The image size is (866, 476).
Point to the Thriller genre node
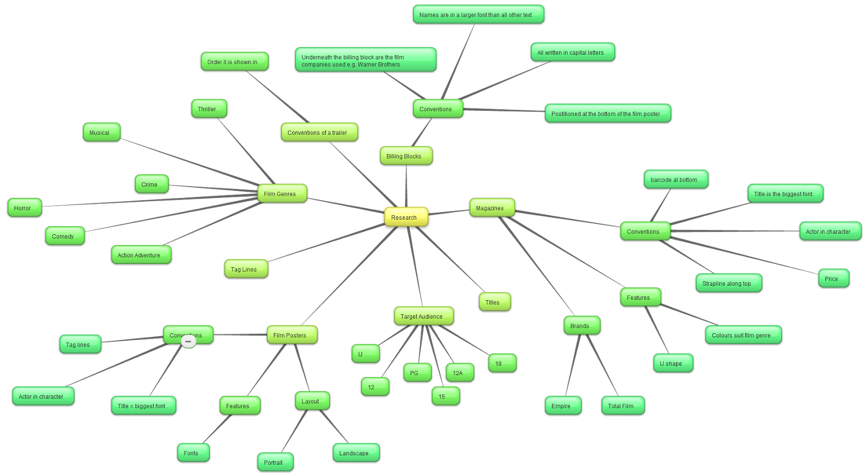point(209,109)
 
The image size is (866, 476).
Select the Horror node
point(24,208)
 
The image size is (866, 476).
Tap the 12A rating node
point(460,373)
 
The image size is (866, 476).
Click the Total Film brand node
point(622,406)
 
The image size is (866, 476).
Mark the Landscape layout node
point(356,453)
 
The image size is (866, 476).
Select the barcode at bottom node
point(675,180)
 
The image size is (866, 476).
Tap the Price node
point(834,279)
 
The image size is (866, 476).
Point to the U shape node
point(673,363)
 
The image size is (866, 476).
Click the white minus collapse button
point(188,341)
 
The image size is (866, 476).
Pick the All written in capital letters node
point(572,52)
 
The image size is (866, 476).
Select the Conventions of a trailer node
point(319,133)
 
